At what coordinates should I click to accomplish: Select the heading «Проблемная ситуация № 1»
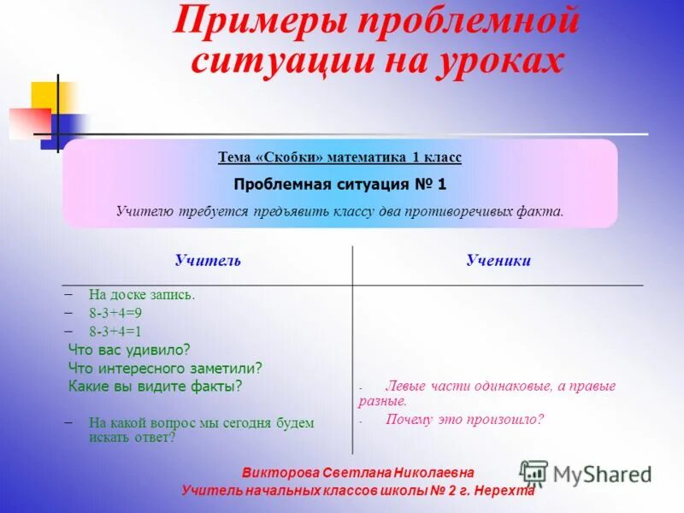tap(340, 184)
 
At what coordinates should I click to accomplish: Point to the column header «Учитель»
tap(208, 261)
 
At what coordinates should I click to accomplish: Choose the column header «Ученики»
tap(498, 261)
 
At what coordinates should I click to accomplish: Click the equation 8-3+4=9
tap(115, 313)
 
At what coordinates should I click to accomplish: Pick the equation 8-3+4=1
tap(115, 331)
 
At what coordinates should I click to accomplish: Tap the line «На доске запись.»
tap(142, 295)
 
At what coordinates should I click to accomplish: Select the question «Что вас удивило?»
tap(129, 349)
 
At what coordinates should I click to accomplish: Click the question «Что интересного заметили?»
tap(165, 368)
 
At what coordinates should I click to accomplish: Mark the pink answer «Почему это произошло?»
tap(464, 420)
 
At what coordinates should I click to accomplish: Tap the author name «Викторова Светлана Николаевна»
tap(357, 473)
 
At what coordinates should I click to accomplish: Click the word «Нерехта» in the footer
tap(504, 491)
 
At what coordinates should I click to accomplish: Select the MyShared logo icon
tap(534, 473)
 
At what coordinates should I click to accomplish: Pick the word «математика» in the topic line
tap(367, 157)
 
